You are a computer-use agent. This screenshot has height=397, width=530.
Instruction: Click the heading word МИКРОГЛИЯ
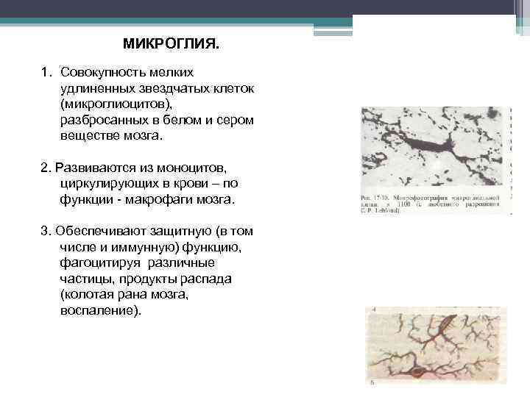(x=171, y=44)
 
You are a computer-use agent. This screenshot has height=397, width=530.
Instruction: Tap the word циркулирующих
(x=108, y=184)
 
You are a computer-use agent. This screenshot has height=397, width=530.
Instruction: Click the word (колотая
(x=87, y=295)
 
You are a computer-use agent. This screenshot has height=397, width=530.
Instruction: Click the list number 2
(x=45, y=168)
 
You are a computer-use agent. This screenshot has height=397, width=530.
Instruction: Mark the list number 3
(x=45, y=232)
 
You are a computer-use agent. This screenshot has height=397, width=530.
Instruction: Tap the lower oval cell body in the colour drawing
(x=417, y=373)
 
